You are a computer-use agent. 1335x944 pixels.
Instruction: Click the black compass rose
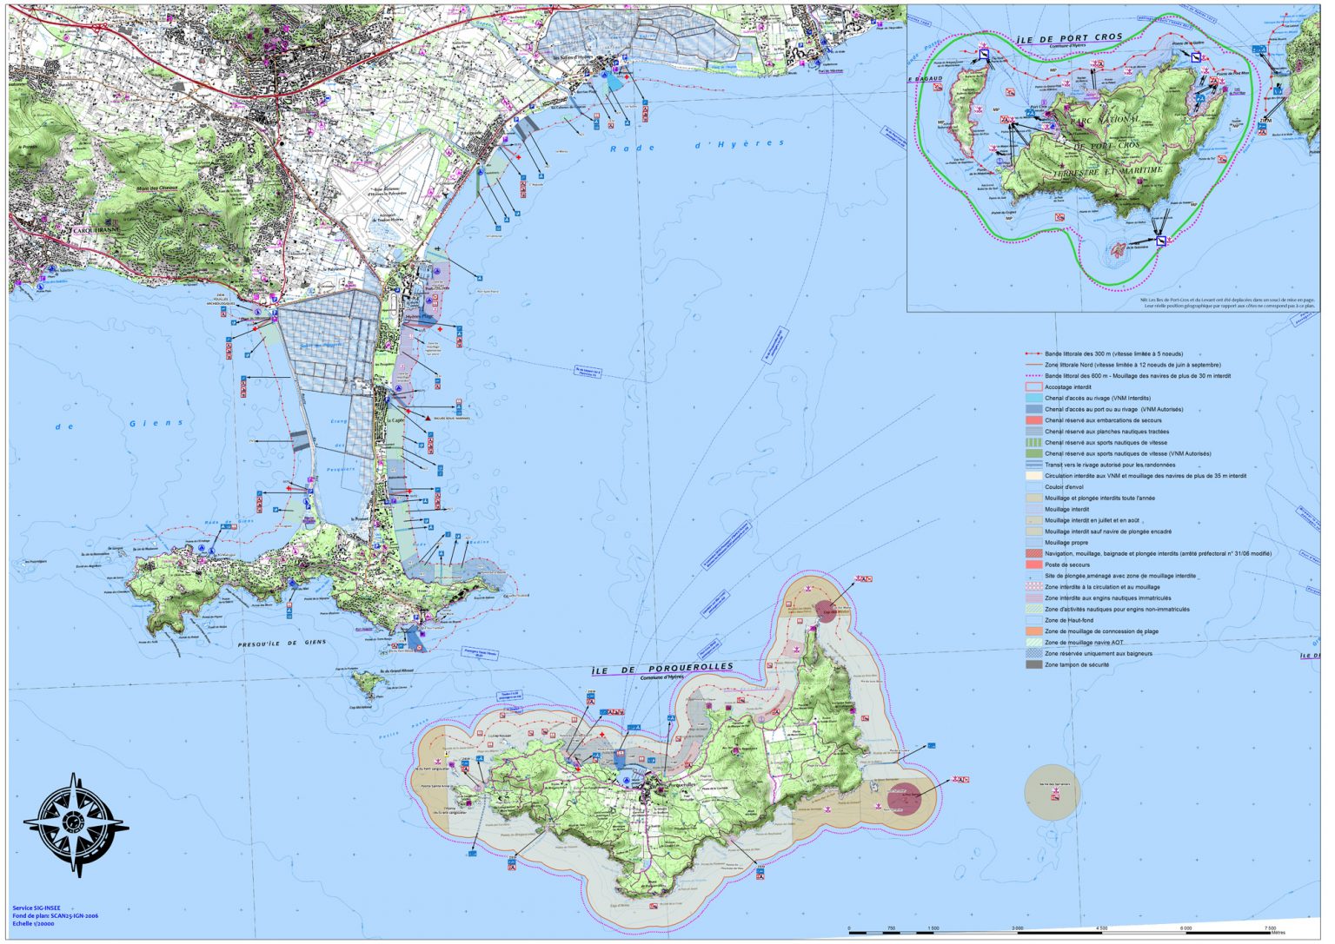click(x=75, y=823)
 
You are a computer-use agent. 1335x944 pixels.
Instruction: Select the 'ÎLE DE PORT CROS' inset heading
click(x=1069, y=39)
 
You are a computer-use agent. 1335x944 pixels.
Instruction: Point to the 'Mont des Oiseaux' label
click(x=156, y=188)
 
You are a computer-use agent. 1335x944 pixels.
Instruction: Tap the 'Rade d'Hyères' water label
click(x=696, y=146)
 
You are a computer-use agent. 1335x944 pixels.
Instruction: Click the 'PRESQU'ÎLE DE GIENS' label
click(x=282, y=644)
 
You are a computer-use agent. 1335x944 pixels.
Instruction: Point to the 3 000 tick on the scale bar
click(x=1017, y=928)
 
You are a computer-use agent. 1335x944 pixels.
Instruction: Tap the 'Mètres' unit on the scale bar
click(x=1278, y=933)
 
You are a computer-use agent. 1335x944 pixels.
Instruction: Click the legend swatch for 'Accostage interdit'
click(x=1033, y=387)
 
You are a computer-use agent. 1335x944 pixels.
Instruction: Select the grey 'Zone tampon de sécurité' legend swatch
click(x=1033, y=664)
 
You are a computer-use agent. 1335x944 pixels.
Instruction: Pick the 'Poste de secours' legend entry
click(x=1066, y=564)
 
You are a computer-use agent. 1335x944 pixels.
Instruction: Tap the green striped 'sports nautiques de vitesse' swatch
click(x=1033, y=443)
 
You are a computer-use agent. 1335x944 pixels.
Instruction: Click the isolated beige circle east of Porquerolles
click(x=1053, y=791)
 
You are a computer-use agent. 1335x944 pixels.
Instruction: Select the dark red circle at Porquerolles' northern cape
click(x=825, y=611)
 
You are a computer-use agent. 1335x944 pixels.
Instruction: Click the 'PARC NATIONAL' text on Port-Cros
click(x=1104, y=120)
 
